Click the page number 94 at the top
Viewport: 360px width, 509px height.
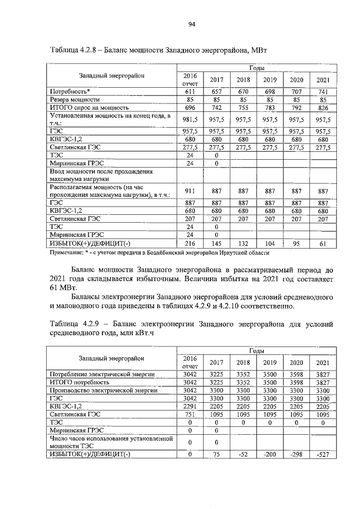tap(191, 24)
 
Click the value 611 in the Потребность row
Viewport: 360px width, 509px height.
tap(190, 91)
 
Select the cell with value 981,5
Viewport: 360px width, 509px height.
tap(190, 119)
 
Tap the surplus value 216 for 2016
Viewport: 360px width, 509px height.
tap(190, 243)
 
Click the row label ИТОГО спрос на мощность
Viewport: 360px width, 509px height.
tap(89, 107)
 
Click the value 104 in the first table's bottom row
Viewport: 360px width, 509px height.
tap(269, 243)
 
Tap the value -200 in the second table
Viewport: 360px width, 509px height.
tap(269, 455)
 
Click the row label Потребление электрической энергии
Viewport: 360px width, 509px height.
tap(102, 373)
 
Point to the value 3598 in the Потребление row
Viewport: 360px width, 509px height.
tap(296, 373)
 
